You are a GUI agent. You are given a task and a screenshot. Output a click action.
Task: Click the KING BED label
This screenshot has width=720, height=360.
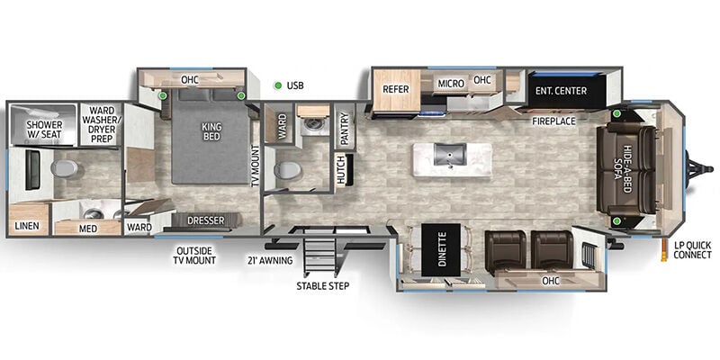[211, 131]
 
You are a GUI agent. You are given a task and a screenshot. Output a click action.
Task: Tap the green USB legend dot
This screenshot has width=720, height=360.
[278, 85]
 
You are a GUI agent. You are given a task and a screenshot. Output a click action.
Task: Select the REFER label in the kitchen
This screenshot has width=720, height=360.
[396, 89]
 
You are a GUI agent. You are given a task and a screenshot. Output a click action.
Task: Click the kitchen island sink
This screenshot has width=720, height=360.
[451, 154]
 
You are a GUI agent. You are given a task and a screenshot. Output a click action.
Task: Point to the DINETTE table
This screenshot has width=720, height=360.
[441, 250]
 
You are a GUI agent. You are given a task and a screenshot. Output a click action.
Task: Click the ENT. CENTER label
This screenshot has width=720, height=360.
[561, 91]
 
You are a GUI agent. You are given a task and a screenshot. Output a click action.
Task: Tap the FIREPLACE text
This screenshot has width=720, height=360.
[553, 121]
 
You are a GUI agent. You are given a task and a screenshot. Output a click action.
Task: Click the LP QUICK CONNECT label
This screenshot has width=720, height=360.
[692, 250]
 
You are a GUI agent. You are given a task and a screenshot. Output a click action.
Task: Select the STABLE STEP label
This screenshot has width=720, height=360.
[322, 286]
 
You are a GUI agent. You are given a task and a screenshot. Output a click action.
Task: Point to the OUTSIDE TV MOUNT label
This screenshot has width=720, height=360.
[194, 256]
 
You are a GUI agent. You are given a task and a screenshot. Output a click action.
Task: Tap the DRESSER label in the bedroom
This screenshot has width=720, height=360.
[206, 220]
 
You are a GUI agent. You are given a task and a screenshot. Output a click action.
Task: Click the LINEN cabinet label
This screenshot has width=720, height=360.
[26, 227]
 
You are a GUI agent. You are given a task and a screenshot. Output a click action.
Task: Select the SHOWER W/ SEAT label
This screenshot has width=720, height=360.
[44, 130]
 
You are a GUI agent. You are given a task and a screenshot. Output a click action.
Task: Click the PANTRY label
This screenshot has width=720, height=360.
[346, 127]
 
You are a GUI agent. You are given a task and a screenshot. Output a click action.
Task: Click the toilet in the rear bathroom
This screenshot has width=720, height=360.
[64, 168]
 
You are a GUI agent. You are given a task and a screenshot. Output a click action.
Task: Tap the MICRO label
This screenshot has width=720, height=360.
[451, 84]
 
